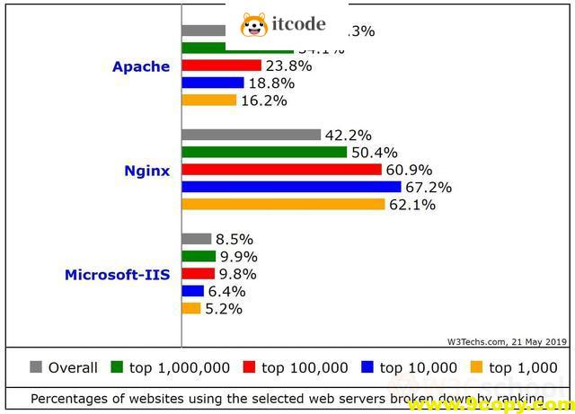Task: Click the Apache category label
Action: pyautogui.click(x=140, y=66)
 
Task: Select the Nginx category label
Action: pyautogui.click(x=146, y=170)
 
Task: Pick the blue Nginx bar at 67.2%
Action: pyautogui.click(x=291, y=187)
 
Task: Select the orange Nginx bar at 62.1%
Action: pyautogui.click(x=283, y=204)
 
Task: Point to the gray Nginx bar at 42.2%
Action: pyautogui.click(x=251, y=135)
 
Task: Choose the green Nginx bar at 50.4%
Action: pyautogui.click(x=264, y=152)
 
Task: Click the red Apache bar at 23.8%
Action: pyautogui.click(x=221, y=66)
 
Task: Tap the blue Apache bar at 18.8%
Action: pyautogui.click(x=212, y=83)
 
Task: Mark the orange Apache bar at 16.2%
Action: pyautogui.click(x=208, y=100)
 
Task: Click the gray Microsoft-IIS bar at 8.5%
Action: pyautogui.click(x=196, y=239)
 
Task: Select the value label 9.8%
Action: pyautogui.click(x=238, y=274)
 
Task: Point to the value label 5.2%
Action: pyautogui.click(x=225, y=309)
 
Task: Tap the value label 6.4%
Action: pyautogui.click(x=228, y=291)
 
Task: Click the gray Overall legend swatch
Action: pyautogui.click(x=36, y=366)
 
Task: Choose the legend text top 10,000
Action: pyautogui.click(x=418, y=367)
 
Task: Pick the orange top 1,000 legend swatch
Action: pyautogui.click(x=477, y=366)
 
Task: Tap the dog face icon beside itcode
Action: pyautogui.click(x=254, y=26)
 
